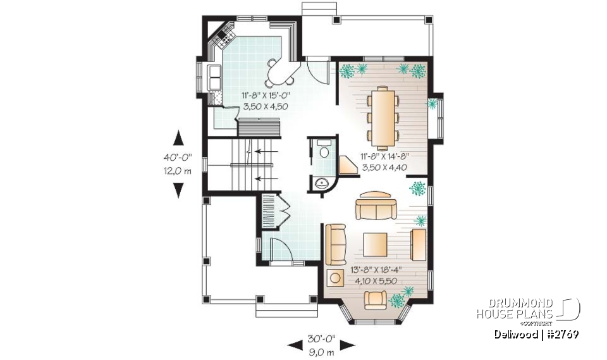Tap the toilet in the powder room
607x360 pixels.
click(324, 151)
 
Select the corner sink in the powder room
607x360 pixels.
click(323, 183)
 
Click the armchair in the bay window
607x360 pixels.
click(377, 300)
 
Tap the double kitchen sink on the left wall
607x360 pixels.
click(215, 78)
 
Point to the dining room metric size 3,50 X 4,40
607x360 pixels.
click(384, 168)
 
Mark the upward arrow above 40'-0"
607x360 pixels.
click(178, 138)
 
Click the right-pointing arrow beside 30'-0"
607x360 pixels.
click(347, 345)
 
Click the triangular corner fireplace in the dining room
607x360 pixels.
click(347, 165)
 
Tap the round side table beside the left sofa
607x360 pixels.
click(333, 278)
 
